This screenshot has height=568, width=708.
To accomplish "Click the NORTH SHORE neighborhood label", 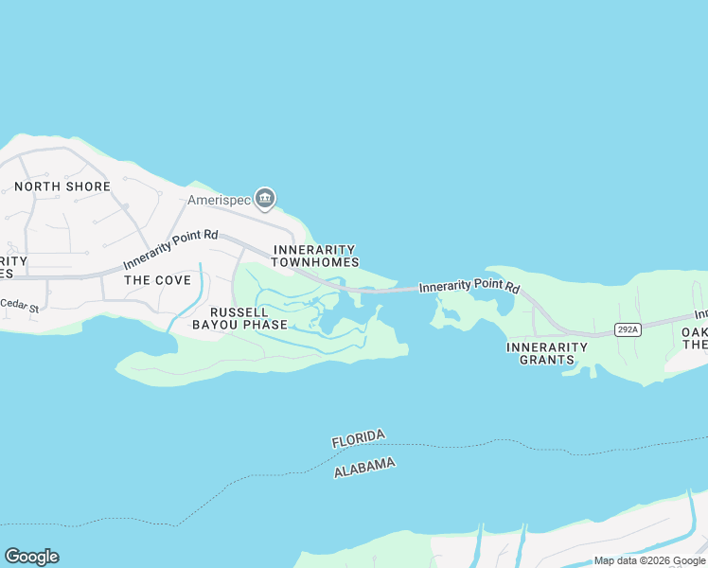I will (x=62, y=186).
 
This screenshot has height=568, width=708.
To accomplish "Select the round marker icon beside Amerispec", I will (x=265, y=199).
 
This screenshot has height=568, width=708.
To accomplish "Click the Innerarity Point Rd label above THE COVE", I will (x=170, y=249).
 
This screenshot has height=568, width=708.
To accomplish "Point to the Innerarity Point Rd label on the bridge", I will (x=469, y=286).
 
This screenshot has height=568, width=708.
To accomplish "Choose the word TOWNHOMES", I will (x=315, y=262).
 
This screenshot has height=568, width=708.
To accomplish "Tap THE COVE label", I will (x=157, y=280).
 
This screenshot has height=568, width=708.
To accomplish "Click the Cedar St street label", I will (x=19, y=306).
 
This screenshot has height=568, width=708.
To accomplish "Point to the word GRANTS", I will (x=547, y=360).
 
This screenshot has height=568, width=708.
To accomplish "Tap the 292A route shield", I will (x=627, y=329).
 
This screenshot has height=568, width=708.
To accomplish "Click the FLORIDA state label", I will (x=359, y=439).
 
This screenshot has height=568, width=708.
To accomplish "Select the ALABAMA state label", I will (x=364, y=467).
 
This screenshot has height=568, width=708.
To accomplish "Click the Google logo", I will (x=31, y=557).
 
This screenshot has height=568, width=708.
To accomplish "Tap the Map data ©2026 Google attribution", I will (x=649, y=560).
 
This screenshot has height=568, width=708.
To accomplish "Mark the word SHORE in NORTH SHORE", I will (x=88, y=186).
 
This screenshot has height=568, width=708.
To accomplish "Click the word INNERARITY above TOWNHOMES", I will (x=315, y=250).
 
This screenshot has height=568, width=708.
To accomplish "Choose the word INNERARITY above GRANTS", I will (x=547, y=347).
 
